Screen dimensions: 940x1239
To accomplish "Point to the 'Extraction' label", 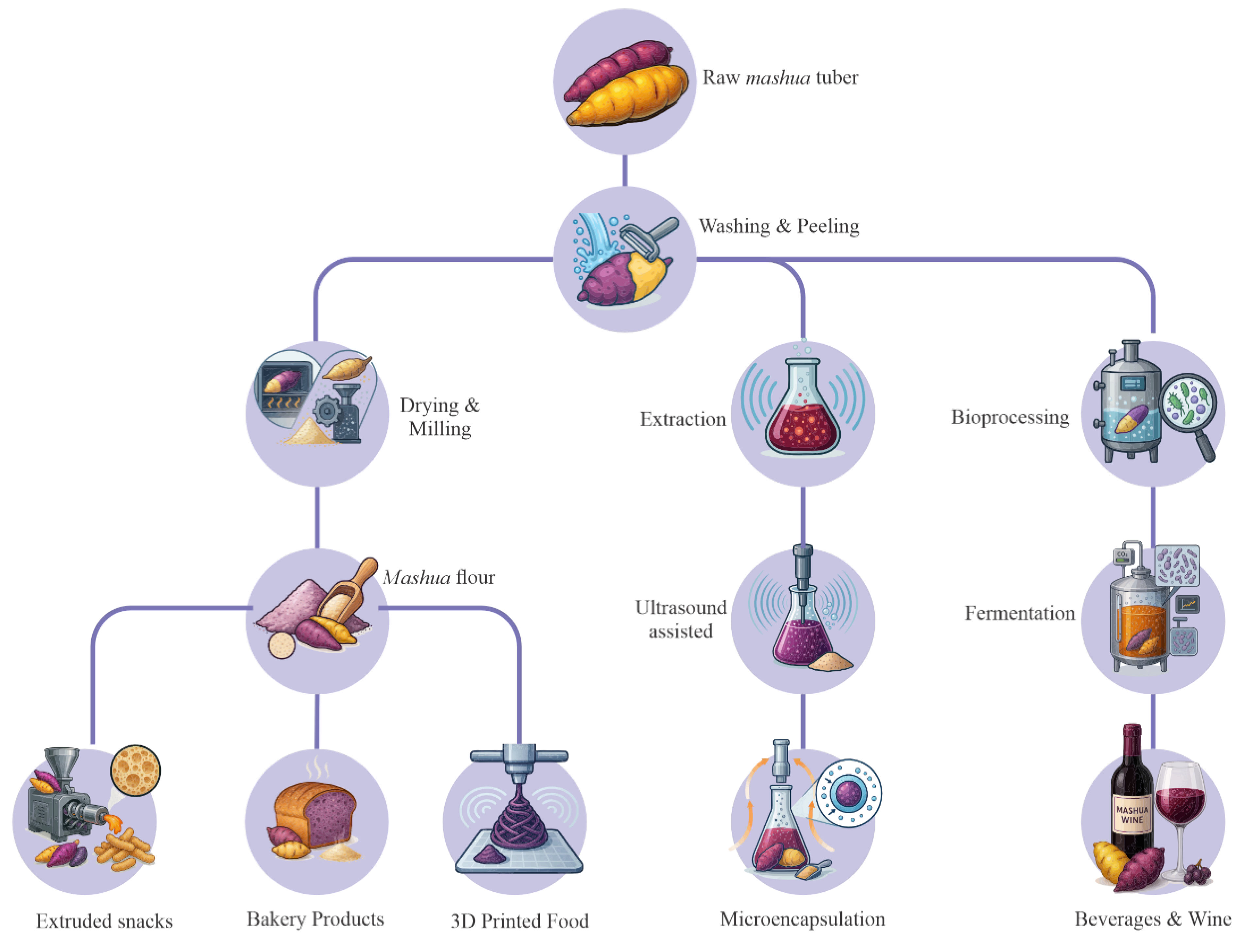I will click(x=683, y=419).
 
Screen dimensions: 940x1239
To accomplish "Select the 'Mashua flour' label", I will click(x=439, y=577).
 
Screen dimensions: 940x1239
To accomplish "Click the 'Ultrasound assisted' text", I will click(x=681, y=619).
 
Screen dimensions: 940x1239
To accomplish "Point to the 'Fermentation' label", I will click(x=1019, y=614).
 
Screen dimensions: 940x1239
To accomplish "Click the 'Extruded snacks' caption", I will click(x=104, y=921).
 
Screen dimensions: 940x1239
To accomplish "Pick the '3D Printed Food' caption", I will click(x=519, y=921).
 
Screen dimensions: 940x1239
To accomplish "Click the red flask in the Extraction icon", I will click(x=803, y=417).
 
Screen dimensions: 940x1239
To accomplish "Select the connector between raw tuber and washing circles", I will click(x=624, y=171).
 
